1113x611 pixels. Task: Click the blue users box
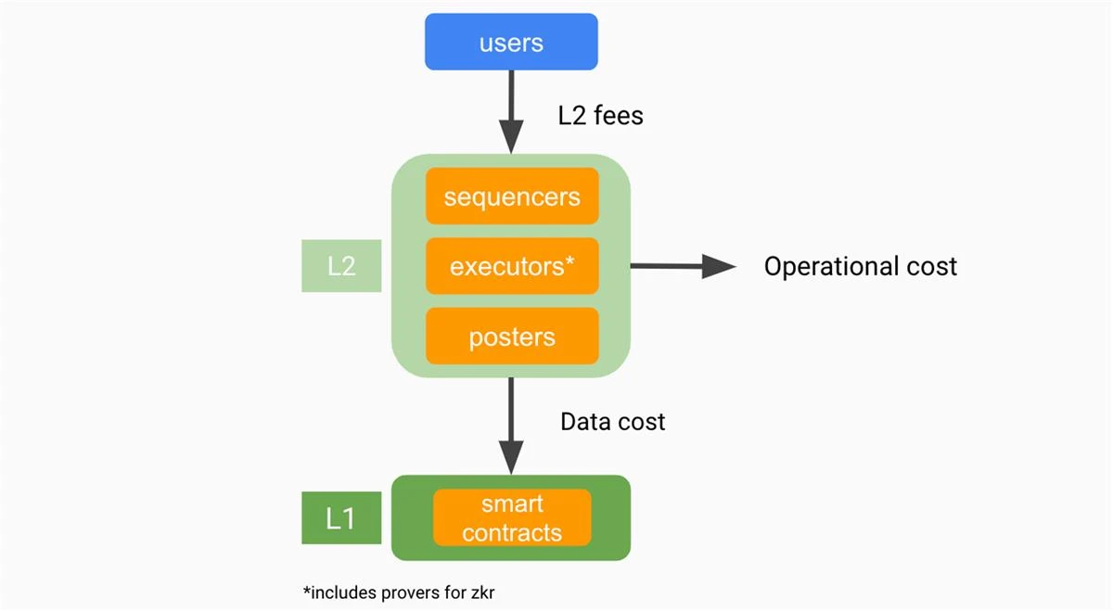511,42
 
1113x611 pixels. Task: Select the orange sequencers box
512,197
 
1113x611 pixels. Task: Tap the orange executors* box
512,267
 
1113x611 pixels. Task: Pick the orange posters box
512,337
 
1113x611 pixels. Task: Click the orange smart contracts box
512,517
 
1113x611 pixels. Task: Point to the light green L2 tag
341,266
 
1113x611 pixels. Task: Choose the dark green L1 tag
341,517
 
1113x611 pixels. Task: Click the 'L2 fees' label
600,115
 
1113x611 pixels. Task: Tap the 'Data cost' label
612,422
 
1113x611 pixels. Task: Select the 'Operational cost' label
861,267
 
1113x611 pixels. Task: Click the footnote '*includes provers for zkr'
399,592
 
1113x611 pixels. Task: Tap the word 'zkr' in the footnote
481,592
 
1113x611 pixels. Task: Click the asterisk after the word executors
569,262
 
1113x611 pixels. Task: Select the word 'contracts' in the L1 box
512,532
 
